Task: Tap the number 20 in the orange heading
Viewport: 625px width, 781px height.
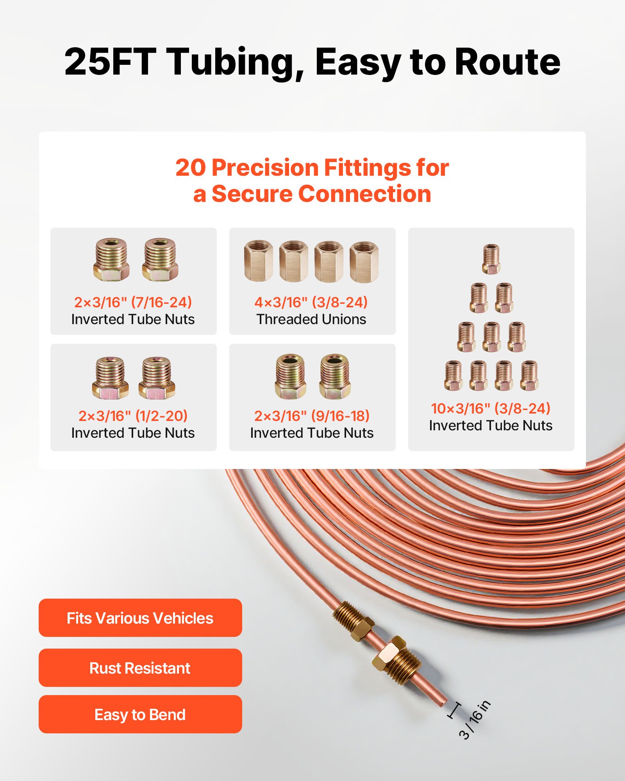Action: [x=190, y=168]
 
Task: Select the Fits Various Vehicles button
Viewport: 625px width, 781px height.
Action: [x=140, y=618]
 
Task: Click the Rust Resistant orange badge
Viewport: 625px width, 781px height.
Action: [x=140, y=668]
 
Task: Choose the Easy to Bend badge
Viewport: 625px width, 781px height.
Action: [x=140, y=715]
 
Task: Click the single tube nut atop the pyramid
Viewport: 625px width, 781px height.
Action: [x=491, y=259]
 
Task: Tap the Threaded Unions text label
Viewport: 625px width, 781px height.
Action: [x=311, y=319]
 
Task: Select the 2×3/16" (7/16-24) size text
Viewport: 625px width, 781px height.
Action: [x=133, y=302]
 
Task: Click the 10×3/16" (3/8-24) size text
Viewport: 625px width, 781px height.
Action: [x=491, y=408]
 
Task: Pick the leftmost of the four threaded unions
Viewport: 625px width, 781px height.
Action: [x=258, y=261]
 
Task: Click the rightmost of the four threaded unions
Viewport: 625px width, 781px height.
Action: [x=364, y=262]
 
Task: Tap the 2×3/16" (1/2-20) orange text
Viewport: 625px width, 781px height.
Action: [x=133, y=416]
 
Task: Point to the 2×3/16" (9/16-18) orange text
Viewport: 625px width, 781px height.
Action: [x=312, y=416]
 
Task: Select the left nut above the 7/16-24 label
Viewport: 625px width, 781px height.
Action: [x=111, y=259]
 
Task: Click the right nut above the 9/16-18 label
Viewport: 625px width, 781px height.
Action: [x=335, y=376]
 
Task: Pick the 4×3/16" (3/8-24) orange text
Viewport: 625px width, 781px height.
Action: [x=311, y=302]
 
